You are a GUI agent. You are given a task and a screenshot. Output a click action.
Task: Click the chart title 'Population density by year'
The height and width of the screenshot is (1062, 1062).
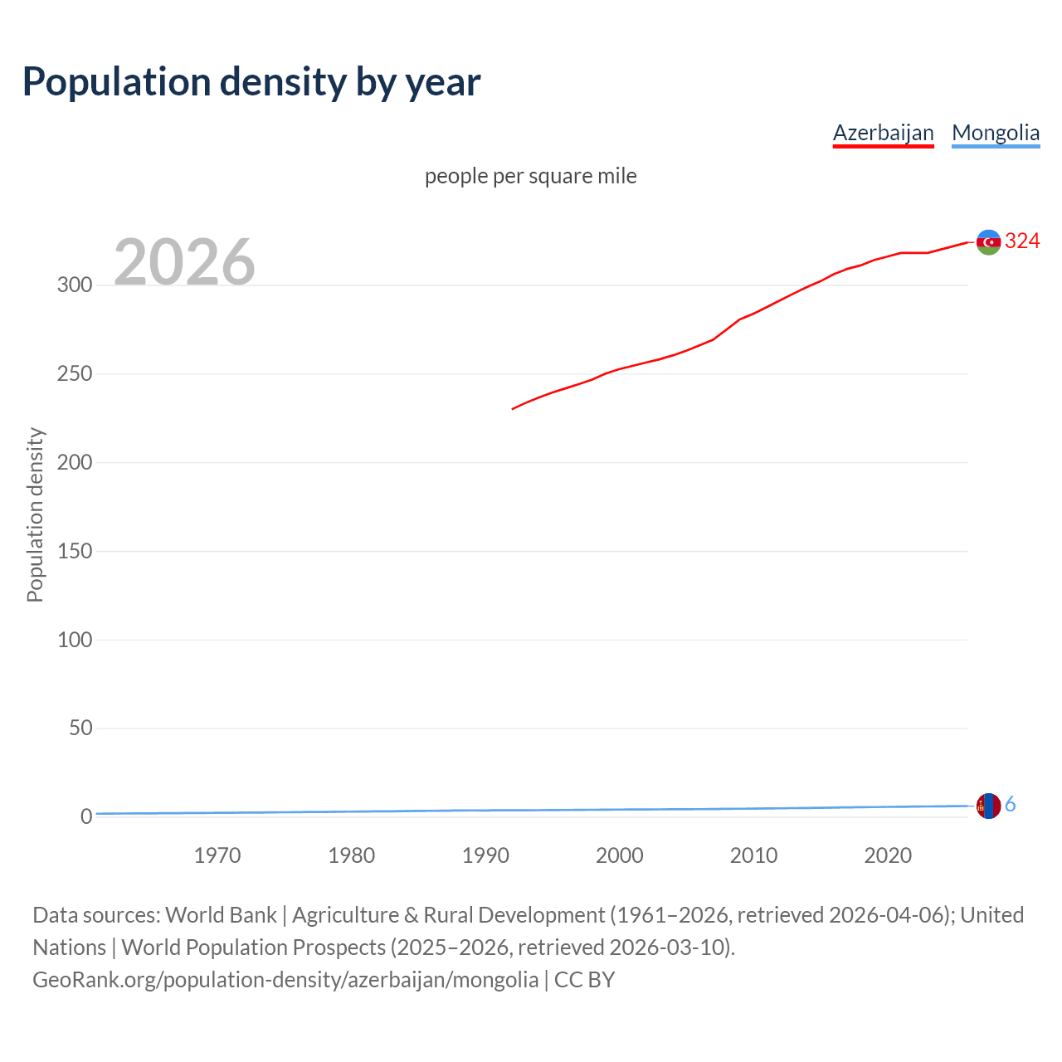point(251,81)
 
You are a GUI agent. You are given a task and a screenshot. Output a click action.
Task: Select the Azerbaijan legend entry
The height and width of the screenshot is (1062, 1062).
point(883,133)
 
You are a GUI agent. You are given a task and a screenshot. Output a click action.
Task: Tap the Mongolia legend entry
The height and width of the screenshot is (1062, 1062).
point(996,133)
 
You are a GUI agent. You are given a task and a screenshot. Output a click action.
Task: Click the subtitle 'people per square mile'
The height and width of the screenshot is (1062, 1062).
point(530,176)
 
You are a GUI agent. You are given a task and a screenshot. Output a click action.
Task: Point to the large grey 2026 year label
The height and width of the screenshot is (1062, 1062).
point(184,261)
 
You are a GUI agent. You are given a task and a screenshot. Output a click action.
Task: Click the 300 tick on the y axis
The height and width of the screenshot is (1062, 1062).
point(75,285)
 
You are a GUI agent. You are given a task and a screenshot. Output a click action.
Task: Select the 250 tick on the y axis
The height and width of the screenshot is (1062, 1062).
point(75,374)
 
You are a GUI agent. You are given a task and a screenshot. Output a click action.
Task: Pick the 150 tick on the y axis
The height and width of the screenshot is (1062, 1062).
point(75,551)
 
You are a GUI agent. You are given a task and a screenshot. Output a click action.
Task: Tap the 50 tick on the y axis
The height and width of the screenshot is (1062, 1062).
point(80,728)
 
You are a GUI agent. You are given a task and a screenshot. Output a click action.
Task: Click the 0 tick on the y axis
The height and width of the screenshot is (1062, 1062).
point(86,817)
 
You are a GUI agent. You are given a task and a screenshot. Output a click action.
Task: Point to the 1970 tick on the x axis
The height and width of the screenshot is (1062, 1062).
point(217,855)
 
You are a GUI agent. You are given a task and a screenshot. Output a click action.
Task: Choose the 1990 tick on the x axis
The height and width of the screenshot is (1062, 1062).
point(485,855)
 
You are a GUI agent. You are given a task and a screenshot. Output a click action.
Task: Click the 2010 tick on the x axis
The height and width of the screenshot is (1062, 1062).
point(753,855)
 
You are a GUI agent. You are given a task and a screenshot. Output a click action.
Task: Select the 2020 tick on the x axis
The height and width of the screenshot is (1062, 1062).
point(888,855)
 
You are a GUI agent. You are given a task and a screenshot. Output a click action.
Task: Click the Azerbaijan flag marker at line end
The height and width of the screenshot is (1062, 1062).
point(988,242)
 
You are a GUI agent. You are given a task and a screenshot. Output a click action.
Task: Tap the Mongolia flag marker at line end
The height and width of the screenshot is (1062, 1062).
point(988,806)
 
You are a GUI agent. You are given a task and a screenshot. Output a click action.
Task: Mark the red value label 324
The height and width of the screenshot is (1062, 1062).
point(1022,241)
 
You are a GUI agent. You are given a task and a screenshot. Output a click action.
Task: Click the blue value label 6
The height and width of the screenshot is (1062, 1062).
point(1011,804)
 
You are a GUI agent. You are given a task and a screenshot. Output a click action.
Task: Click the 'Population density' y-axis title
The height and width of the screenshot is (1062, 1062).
point(35,514)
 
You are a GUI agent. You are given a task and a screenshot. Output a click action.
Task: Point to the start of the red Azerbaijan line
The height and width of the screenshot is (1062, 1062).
point(513,409)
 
